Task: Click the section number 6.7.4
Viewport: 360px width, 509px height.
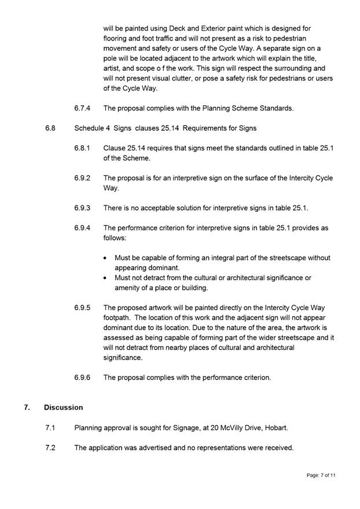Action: tap(82, 108)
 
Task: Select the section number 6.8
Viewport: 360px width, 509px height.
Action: tap(50, 128)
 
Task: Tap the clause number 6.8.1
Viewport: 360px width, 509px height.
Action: tap(82, 148)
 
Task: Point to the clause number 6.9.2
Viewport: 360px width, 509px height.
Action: tap(82, 178)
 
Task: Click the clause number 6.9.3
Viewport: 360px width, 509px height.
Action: tap(82, 208)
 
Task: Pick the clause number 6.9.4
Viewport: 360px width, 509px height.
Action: tap(82, 228)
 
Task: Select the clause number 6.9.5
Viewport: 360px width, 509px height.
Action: tap(82, 308)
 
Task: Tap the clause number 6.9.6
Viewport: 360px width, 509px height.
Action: tap(82, 377)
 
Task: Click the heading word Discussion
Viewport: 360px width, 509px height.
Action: tap(63, 407)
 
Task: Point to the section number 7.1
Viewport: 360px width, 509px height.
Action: tap(50, 427)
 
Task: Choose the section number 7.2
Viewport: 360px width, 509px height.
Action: tap(50, 447)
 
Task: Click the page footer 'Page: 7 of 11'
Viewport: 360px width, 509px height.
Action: tap(321, 475)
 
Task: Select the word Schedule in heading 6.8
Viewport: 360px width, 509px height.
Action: tap(90, 128)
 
